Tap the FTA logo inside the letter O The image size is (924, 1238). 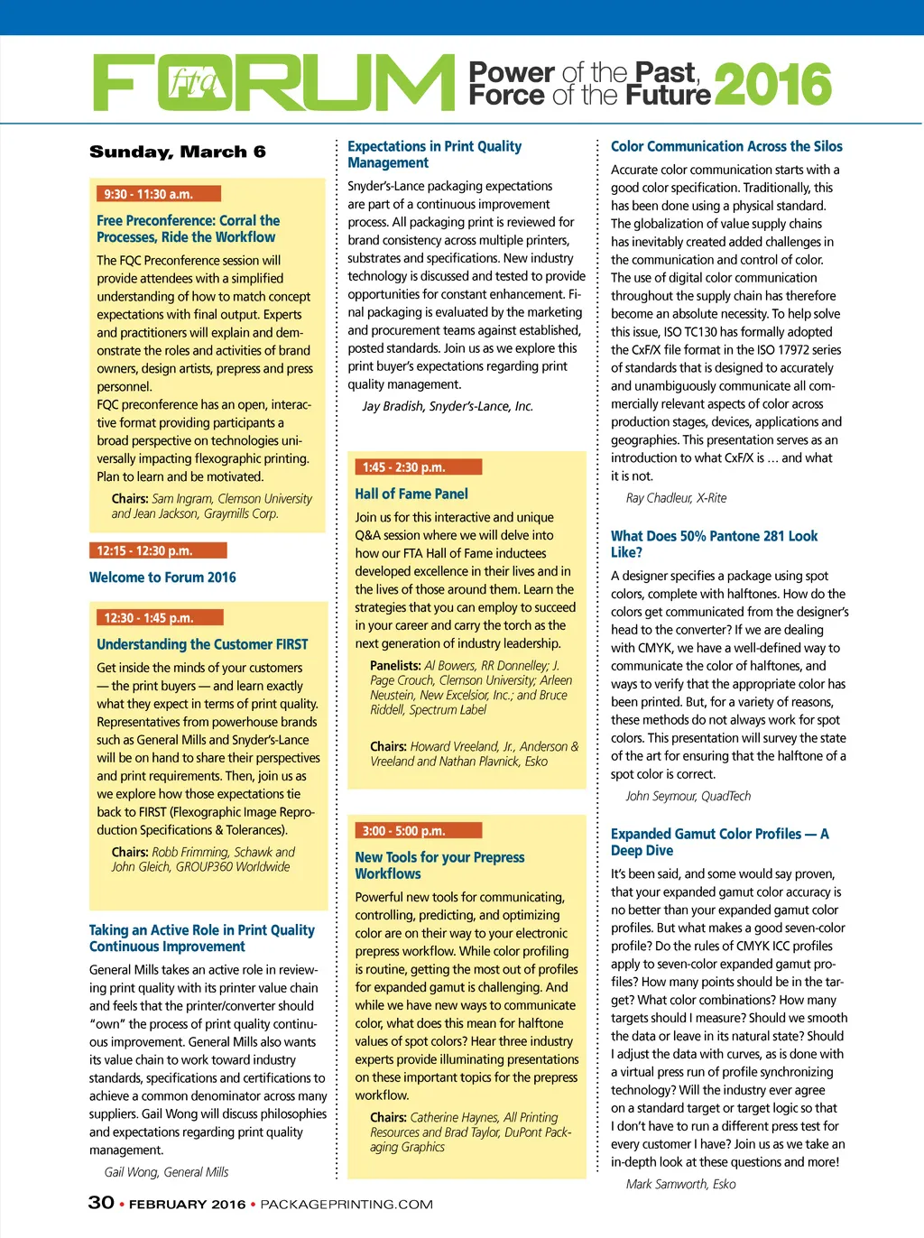pyautogui.click(x=194, y=83)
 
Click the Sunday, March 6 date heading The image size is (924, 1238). pyautogui.click(x=178, y=152)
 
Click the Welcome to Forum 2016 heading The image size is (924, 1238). pyautogui.click(x=162, y=577)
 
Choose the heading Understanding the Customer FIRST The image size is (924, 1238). pyautogui.click(x=202, y=644)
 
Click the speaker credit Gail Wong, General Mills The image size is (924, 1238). pyautogui.click(x=166, y=1172)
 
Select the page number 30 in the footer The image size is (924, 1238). pyautogui.click(x=101, y=1203)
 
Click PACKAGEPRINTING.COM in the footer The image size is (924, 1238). pyautogui.click(x=346, y=1205)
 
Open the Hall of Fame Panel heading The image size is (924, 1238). pyautogui.click(x=411, y=494)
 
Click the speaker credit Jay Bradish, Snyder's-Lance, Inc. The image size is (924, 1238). pyautogui.click(x=448, y=406)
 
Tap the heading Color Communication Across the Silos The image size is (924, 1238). pyautogui.click(x=726, y=146)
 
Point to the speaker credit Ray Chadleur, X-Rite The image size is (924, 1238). pyautogui.click(x=676, y=498)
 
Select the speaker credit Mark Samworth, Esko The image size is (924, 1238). pyautogui.click(x=680, y=1184)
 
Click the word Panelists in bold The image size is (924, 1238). pyautogui.click(x=395, y=666)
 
